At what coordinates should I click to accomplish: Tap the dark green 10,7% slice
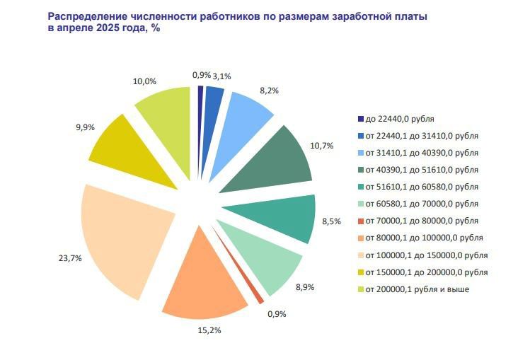pos(280,159)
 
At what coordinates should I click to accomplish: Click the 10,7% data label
pos(322,146)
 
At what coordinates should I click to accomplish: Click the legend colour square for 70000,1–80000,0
pos(360,221)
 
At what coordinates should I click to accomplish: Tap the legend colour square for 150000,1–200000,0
pos(360,272)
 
